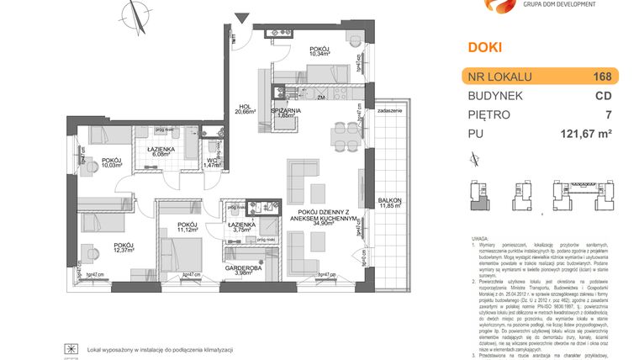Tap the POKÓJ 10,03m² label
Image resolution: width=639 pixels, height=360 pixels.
pyautogui.click(x=112, y=163)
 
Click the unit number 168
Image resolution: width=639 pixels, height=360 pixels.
pyautogui.click(x=602, y=77)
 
